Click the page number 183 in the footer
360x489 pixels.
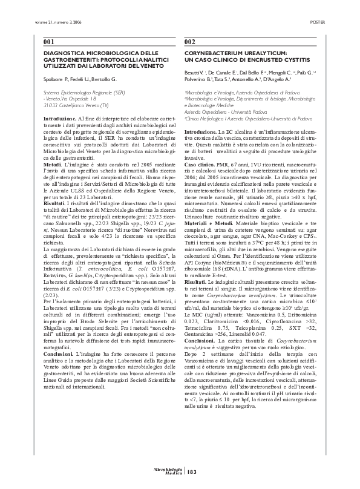[192, 472]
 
